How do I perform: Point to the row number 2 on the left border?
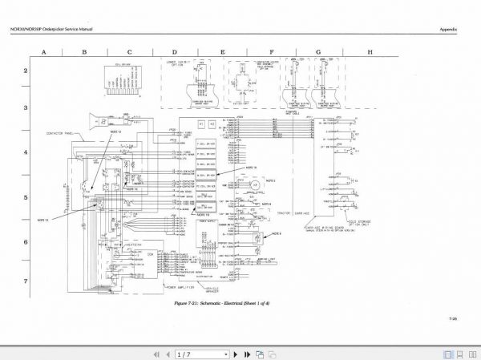tap(25, 71)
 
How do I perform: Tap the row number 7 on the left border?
tap(25, 281)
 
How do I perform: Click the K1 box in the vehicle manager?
tap(201, 124)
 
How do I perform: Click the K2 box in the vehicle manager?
tap(212, 124)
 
